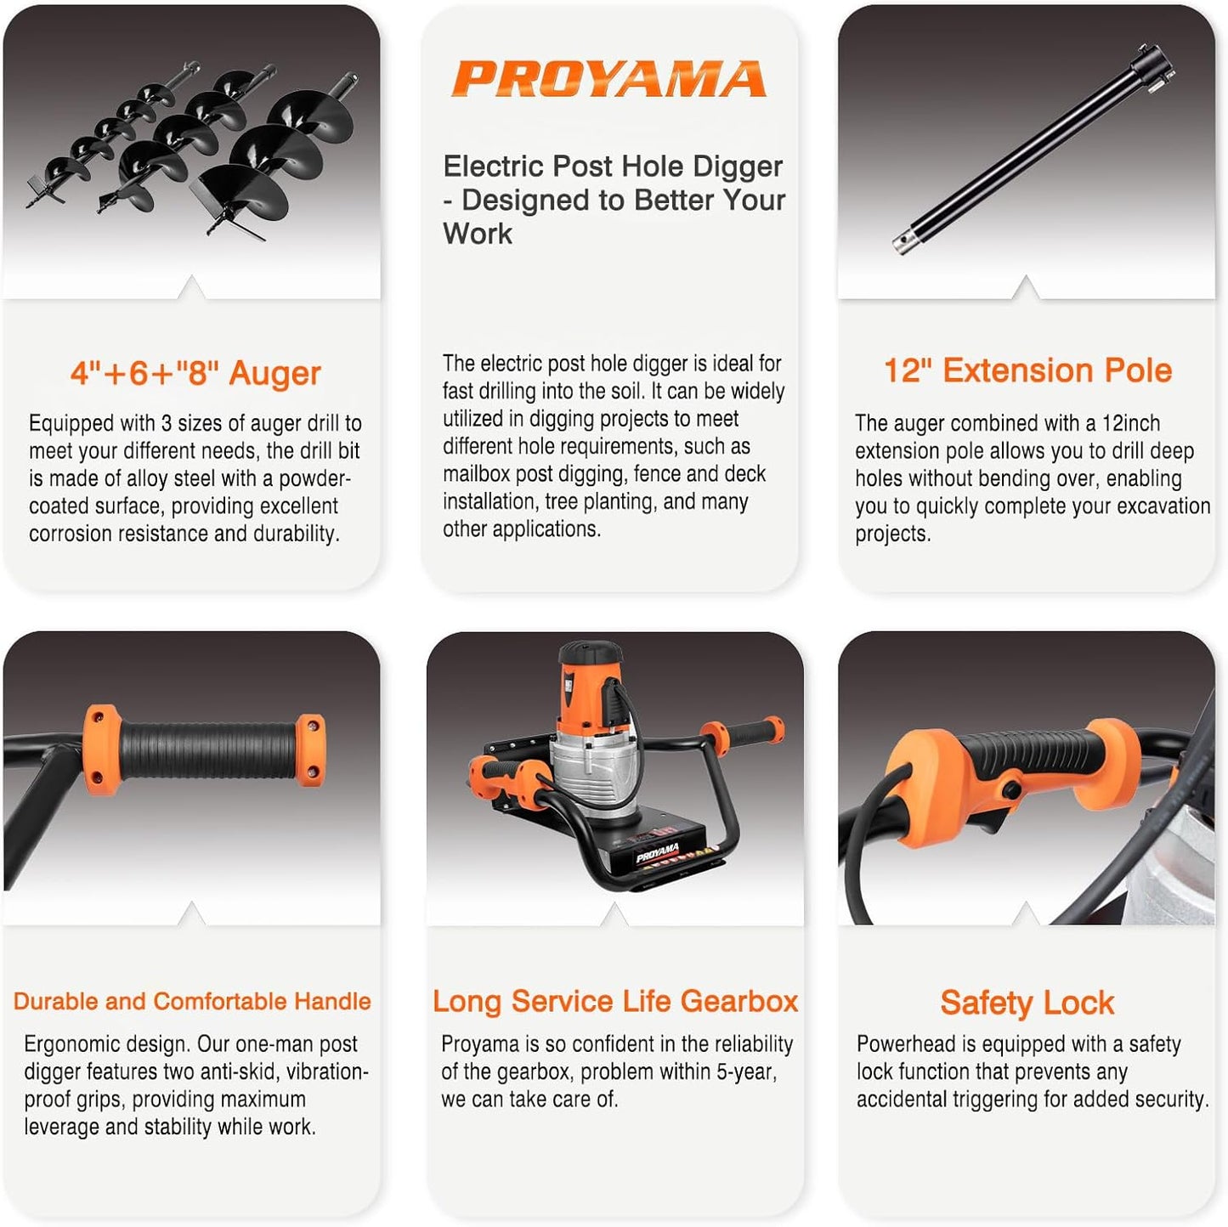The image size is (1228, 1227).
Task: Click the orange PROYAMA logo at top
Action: coord(608,79)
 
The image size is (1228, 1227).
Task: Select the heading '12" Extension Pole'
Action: coord(1027,370)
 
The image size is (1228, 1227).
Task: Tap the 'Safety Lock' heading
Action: coord(1027,1003)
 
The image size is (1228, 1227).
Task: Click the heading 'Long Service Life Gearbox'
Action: coord(615,1001)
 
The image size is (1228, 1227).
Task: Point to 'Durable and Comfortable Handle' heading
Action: coord(192,1001)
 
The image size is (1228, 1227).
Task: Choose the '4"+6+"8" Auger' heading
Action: coord(195,373)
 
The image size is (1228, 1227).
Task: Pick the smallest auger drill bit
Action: coord(110,136)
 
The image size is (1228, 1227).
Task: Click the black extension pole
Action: coord(1033,149)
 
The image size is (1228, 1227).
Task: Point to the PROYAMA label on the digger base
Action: coord(657,851)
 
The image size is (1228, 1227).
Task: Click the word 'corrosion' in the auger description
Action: coord(68,534)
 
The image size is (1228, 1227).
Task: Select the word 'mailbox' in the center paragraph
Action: coord(478,474)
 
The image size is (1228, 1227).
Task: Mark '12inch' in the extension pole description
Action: coord(1130,423)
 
